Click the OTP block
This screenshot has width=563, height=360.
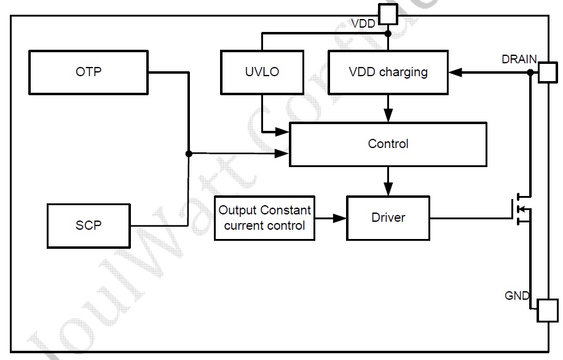click(x=89, y=72)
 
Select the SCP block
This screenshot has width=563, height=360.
click(x=89, y=225)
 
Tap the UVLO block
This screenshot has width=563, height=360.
click(x=261, y=72)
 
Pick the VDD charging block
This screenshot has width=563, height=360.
click(x=388, y=72)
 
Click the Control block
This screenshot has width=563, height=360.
click(x=388, y=144)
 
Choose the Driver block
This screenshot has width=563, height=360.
click(x=388, y=217)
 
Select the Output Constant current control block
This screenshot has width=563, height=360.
click(x=264, y=217)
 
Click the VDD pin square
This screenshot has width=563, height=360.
click(x=388, y=13)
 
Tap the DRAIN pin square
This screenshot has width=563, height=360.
click(x=547, y=73)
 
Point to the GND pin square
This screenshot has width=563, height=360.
click(x=547, y=310)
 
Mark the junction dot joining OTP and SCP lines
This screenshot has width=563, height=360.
click(x=189, y=154)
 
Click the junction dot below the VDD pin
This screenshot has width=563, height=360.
click(x=388, y=34)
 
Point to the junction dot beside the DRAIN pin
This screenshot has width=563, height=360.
click(x=530, y=72)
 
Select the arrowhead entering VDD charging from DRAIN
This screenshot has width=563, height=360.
click(x=455, y=72)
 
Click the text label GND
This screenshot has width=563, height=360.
click(x=516, y=295)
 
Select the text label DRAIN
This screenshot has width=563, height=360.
click(x=519, y=60)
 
